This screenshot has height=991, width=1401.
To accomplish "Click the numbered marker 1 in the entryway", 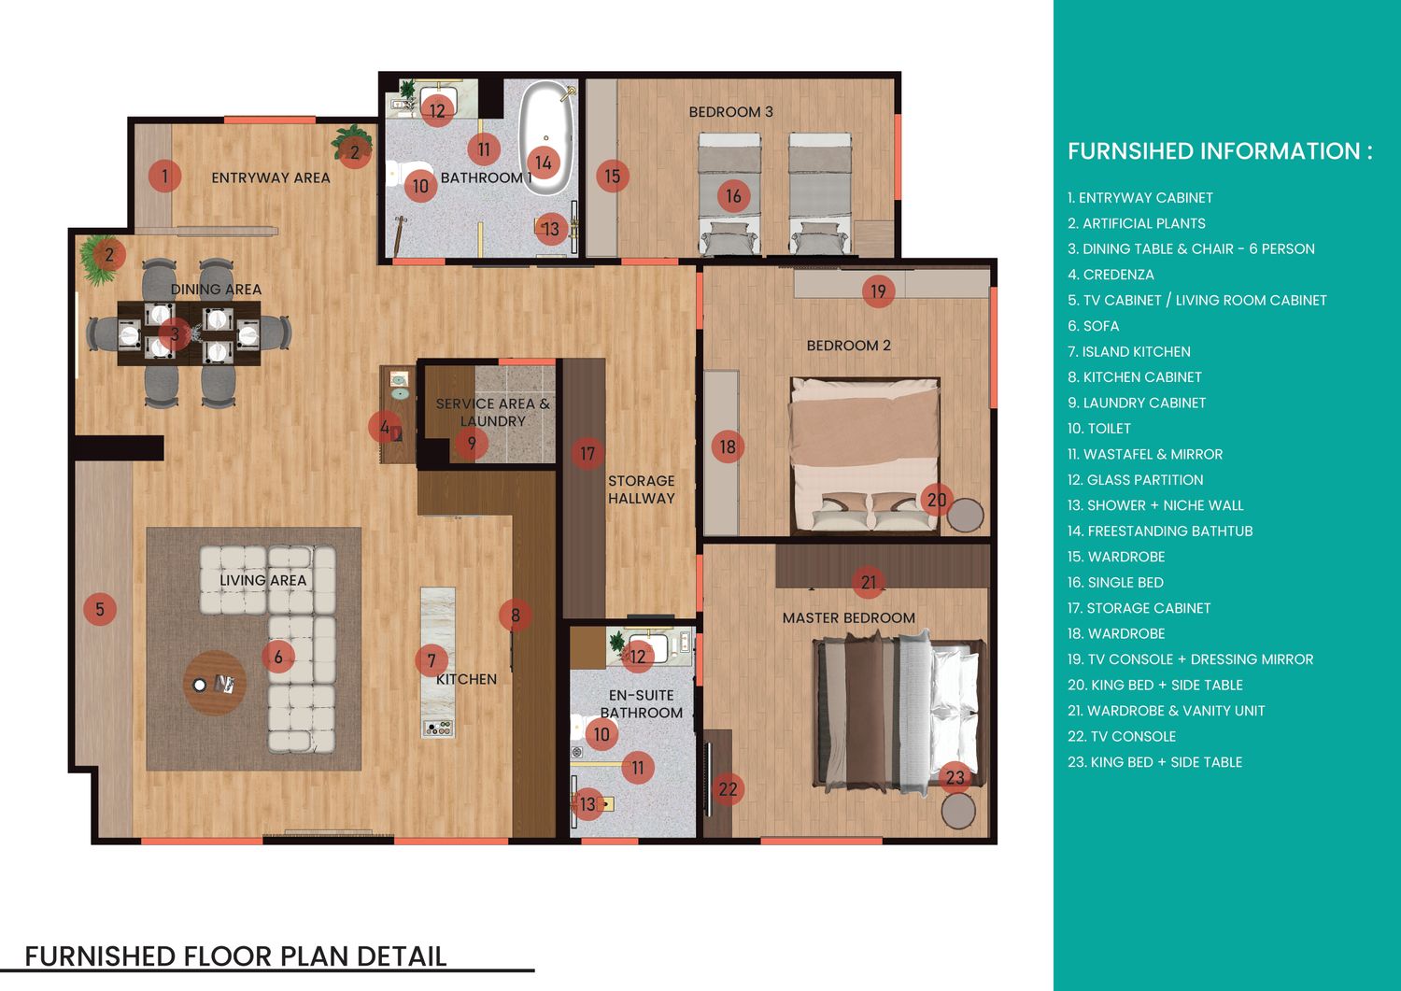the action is point(164,177).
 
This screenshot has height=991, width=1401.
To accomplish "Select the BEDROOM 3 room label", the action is point(730,112).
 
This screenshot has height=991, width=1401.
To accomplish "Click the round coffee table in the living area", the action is point(214,683).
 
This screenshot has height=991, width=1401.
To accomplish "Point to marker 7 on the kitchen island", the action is point(432,660).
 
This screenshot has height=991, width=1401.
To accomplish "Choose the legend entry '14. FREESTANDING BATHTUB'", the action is point(1160,531).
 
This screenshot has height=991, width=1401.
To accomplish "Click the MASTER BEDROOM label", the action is point(849,618).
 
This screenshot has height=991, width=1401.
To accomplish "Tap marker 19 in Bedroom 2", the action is point(878,291).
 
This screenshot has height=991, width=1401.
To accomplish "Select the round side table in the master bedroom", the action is point(958,811).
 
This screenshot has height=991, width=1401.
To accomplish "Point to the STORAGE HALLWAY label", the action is point(642,489).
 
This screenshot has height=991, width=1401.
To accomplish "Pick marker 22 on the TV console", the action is point(728,789).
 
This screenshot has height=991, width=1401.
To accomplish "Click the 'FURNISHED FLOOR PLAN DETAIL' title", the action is point(235,956).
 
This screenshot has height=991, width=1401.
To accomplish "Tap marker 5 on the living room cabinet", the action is point(100,609).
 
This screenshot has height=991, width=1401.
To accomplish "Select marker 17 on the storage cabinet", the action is point(587,454).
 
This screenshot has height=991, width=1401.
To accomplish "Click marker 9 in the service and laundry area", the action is point(472,444).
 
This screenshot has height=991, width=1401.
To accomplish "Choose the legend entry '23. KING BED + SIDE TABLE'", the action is point(1154,762).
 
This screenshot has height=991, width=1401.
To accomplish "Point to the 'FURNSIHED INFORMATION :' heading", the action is point(1220,151).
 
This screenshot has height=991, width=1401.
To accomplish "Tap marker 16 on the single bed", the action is point(733,196).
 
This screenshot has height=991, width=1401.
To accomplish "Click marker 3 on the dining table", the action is point(175,334).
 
